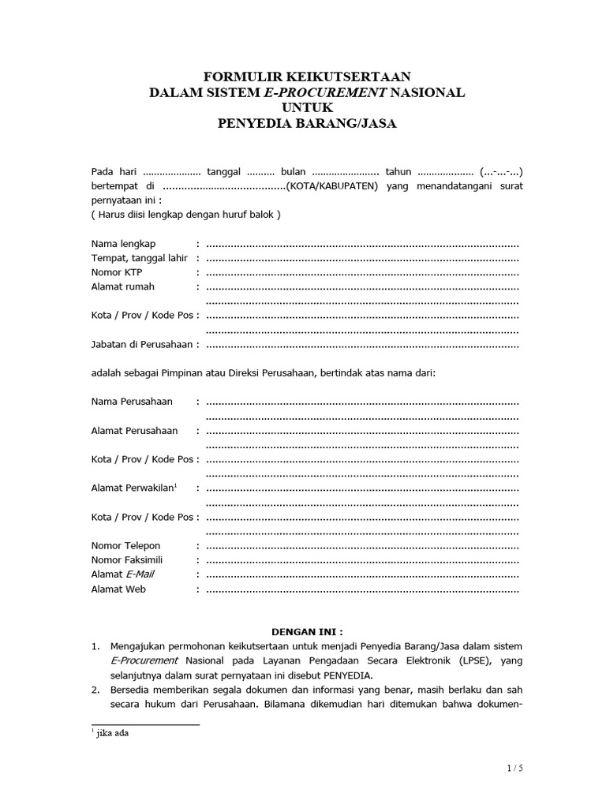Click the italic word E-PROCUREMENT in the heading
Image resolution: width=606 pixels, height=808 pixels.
pyautogui.click(x=326, y=92)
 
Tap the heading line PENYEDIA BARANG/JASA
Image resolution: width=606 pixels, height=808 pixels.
pyautogui.click(x=307, y=123)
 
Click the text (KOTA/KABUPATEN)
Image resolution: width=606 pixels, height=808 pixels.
pyautogui.click(x=332, y=186)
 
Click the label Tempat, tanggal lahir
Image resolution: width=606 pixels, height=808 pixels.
pyautogui.click(x=140, y=257)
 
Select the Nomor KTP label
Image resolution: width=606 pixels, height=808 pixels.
pyautogui.click(x=117, y=272)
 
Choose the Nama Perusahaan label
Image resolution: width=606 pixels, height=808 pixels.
pyautogui.click(x=132, y=402)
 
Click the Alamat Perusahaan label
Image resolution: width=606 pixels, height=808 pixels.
pyautogui.click(x=134, y=431)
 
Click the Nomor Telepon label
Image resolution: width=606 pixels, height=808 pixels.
pyautogui.click(x=125, y=545)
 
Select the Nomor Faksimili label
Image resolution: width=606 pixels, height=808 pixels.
pyautogui.click(x=127, y=560)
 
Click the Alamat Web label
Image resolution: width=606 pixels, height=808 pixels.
pyautogui.click(x=118, y=589)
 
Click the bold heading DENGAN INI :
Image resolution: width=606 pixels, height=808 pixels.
pyautogui.click(x=307, y=632)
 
